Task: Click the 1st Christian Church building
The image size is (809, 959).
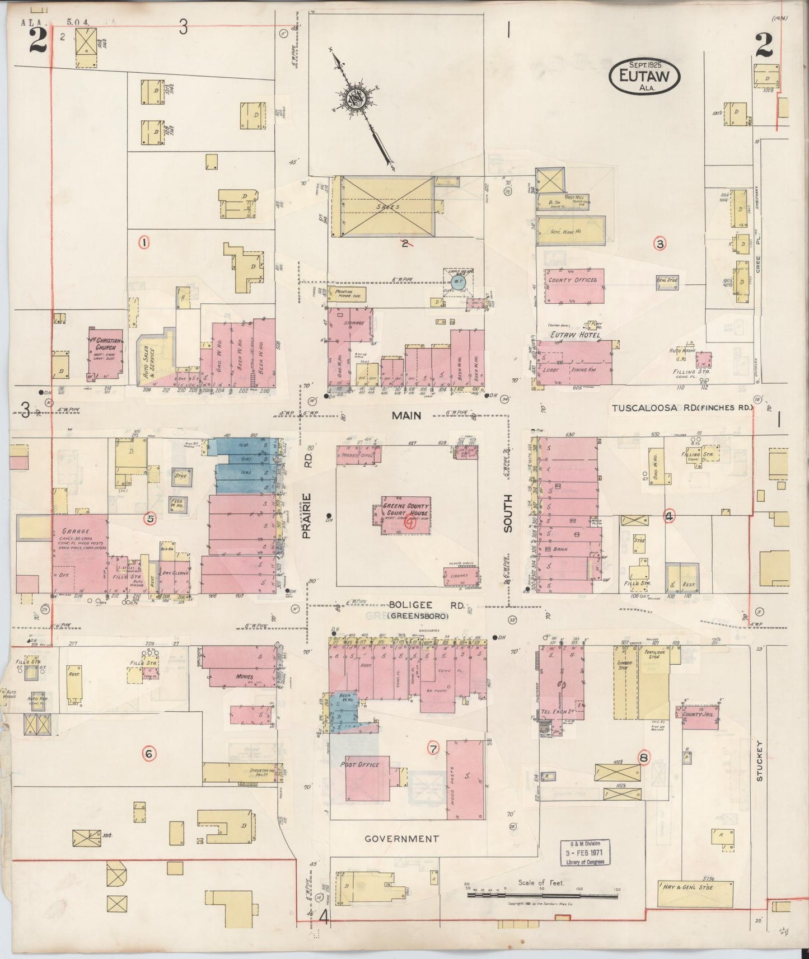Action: pyautogui.click(x=105, y=352)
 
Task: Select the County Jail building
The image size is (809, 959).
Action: pyautogui.click(x=698, y=717)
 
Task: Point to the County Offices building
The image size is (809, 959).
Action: pyautogui.click(x=574, y=286)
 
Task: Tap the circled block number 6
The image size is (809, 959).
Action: pyautogui.click(x=148, y=754)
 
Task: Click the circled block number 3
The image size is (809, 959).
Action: pyautogui.click(x=661, y=243)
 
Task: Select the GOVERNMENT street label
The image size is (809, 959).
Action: pyautogui.click(x=401, y=839)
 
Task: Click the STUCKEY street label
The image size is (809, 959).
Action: pyautogui.click(x=759, y=761)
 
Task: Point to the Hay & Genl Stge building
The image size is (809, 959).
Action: pyautogui.click(x=695, y=889)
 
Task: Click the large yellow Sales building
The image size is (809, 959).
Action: pyautogui.click(x=387, y=206)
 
